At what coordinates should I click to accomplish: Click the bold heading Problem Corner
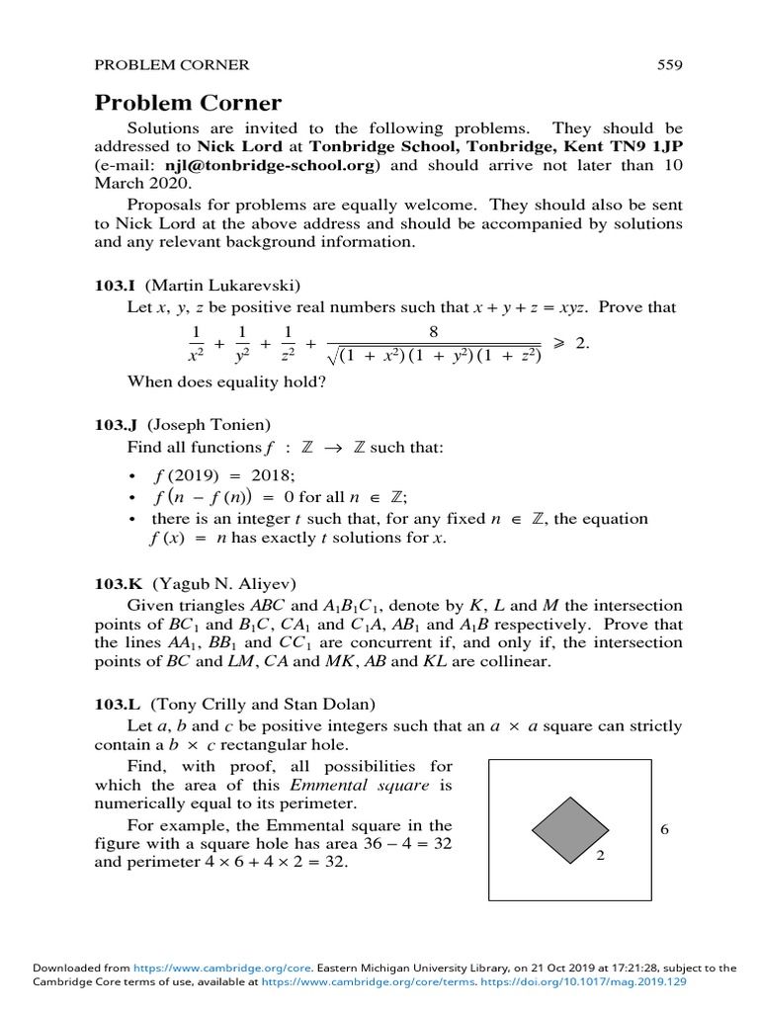coord(188,103)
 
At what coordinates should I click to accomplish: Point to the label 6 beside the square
coord(665,829)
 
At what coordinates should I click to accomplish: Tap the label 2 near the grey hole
coord(601,856)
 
